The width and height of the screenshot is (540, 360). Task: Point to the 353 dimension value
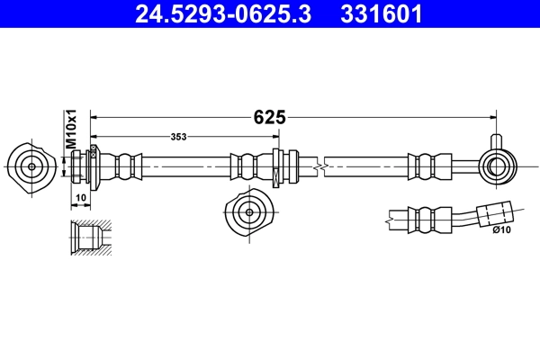click(x=179, y=137)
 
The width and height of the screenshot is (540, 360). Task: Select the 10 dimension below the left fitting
click(x=81, y=197)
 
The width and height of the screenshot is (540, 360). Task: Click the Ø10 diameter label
click(x=502, y=230)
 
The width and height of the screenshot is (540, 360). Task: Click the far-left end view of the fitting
click(x=31, y=165)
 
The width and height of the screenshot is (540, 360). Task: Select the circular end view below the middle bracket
click(x=247, y=212)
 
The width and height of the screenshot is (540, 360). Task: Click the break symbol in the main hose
click(x=320, y=166)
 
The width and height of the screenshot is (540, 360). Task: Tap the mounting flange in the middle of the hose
click(x=278, y=166)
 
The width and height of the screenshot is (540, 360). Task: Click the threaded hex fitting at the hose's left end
click(x=92, y=165)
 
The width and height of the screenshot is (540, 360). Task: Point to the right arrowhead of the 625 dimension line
click(x=493, y=117)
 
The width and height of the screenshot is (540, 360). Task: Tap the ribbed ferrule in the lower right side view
click(x=428, y=217)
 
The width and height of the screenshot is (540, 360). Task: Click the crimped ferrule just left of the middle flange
click(x=249, y=166)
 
